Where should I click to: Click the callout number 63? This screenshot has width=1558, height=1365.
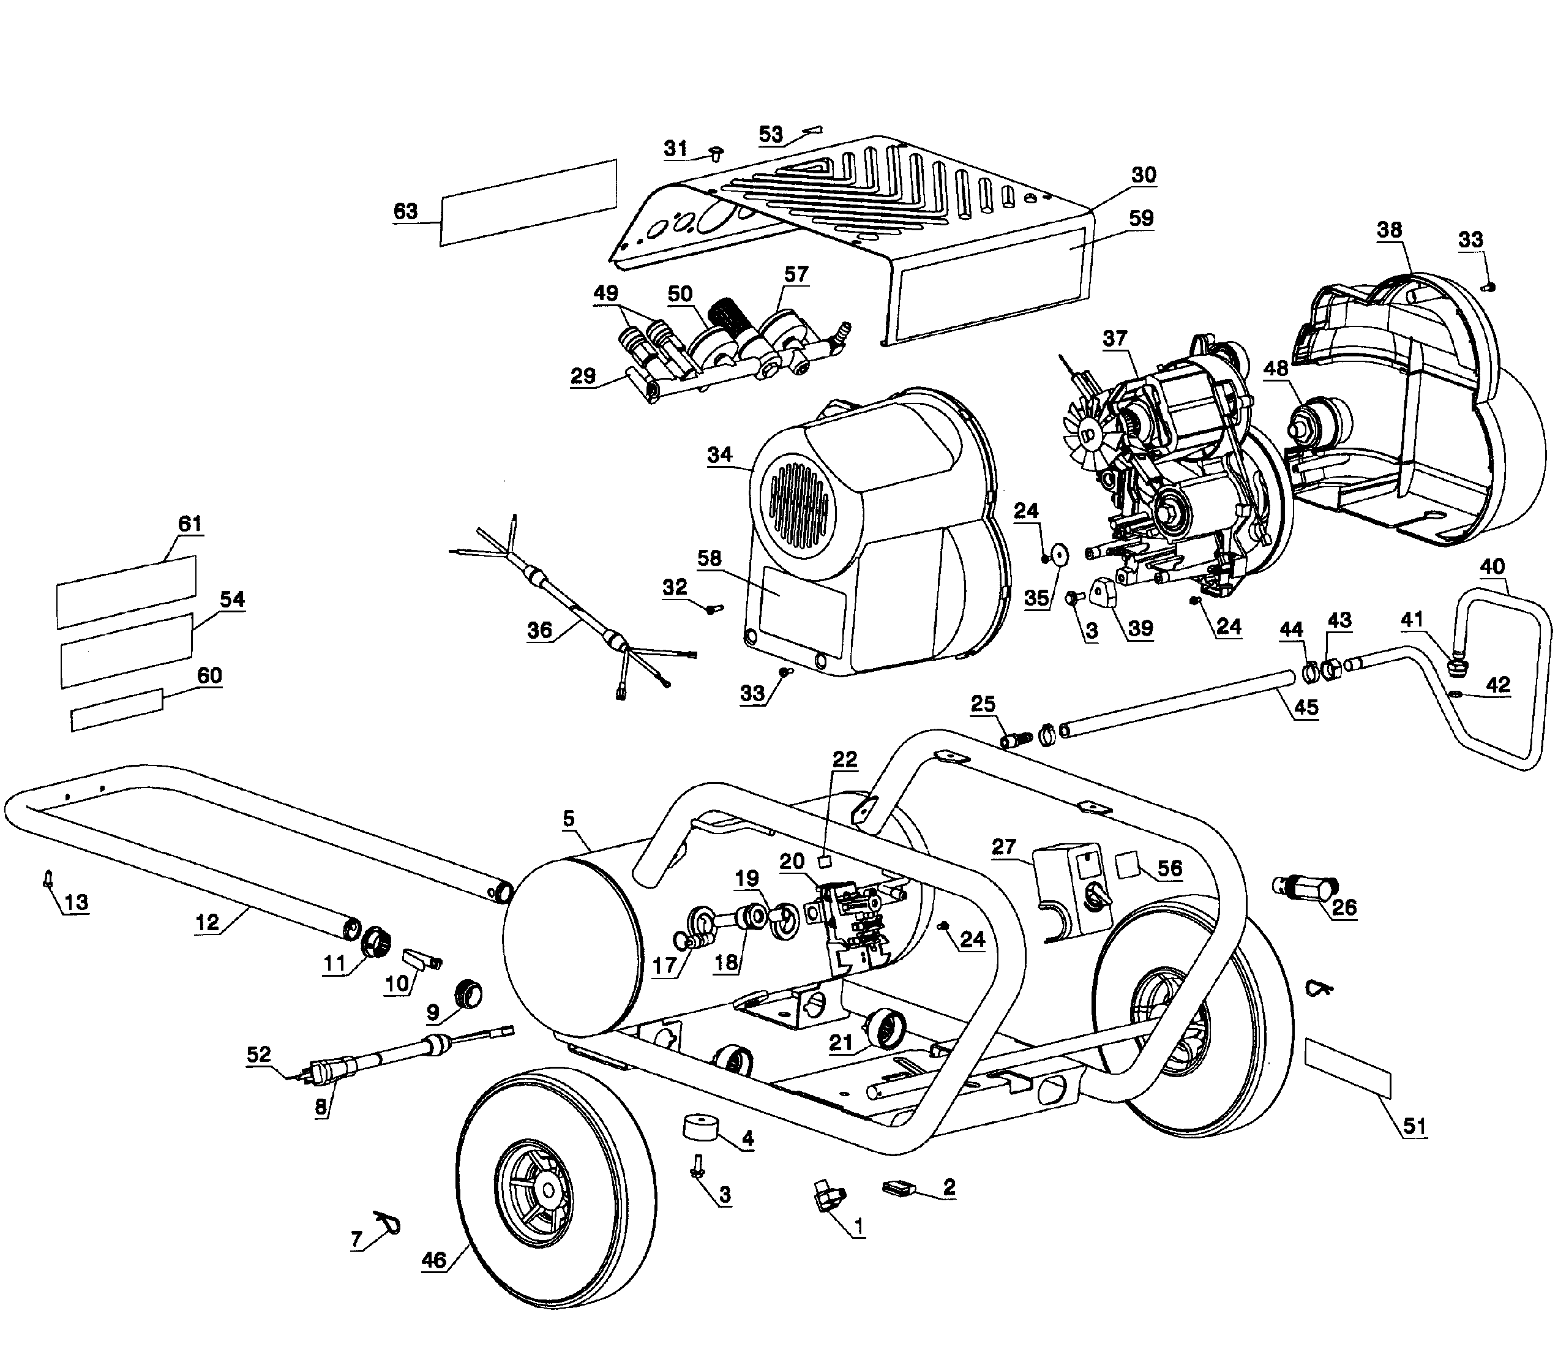[x=405, y=211]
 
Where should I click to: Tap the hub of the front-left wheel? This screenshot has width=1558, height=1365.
[x=546, y=1192]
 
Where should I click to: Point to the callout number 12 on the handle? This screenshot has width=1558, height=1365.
[x=207, y=922]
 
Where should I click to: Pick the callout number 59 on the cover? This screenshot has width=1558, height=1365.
[x=1140, y=219]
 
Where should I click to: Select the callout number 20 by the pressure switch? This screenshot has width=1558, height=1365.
[x=792, y=862]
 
